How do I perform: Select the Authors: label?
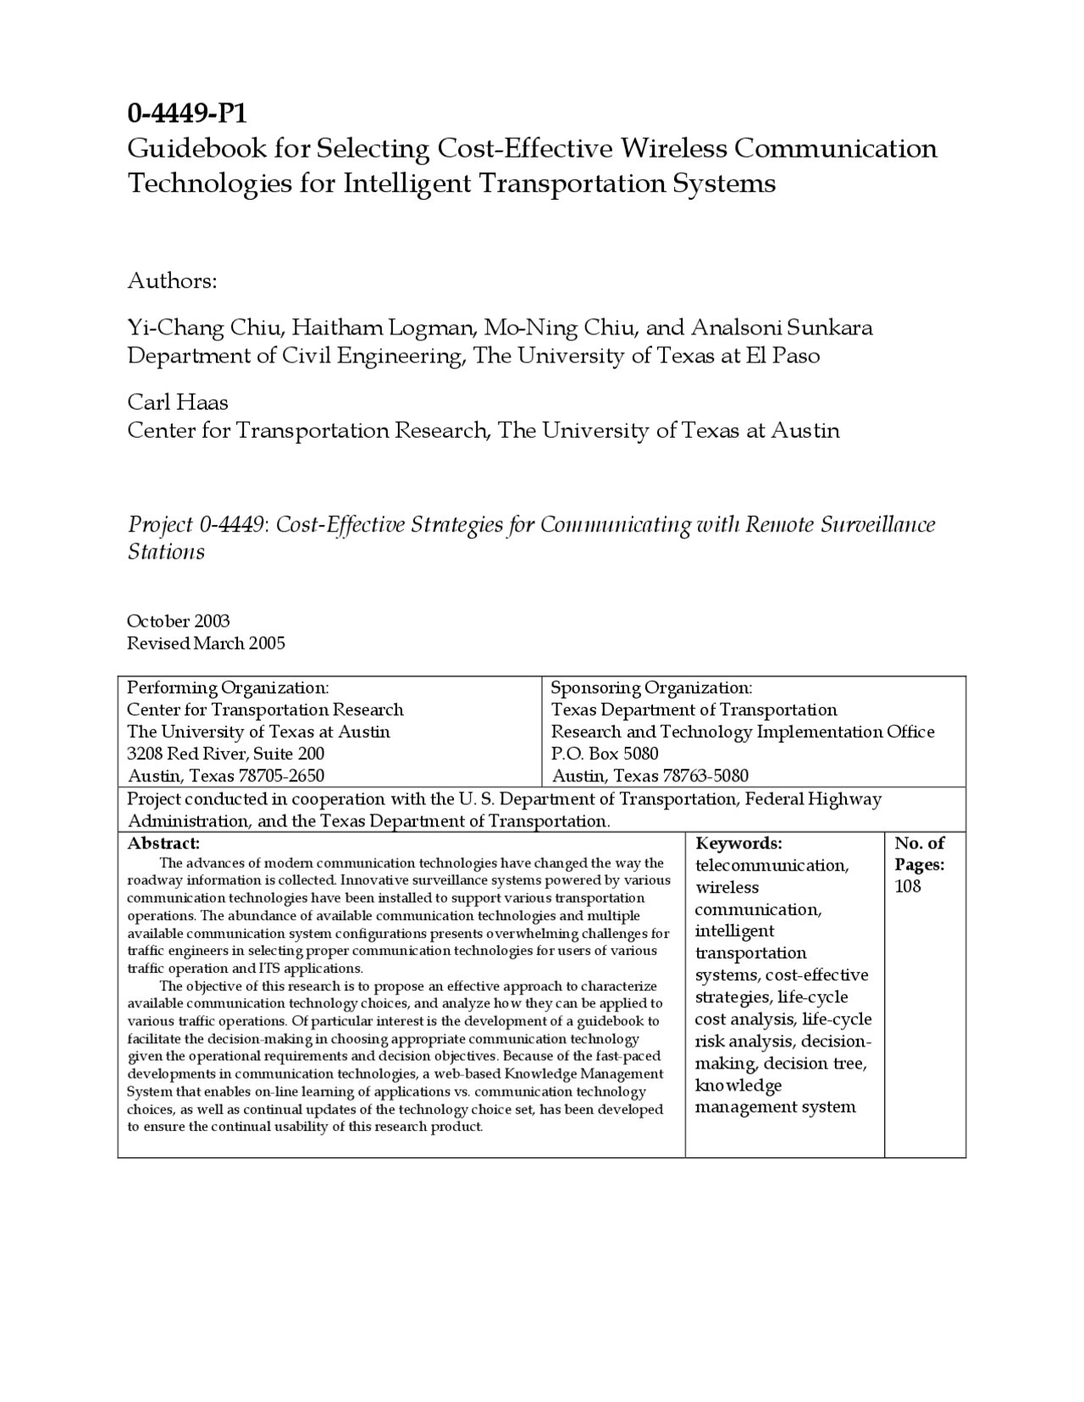pos(172,281)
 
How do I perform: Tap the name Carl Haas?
pos(178,402)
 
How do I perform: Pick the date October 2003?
pos(179,621)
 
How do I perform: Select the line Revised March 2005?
pos(206,643)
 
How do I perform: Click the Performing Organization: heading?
pos(228,687)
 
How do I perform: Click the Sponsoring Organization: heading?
pos(651,687)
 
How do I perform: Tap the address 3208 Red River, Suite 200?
pos(225,753)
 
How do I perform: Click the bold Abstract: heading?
pos(163,843)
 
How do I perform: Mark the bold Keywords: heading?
pos(738,843)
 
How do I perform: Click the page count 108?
pos(908,886)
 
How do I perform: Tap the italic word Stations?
pos(166,552)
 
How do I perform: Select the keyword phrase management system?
pos(775,1107)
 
